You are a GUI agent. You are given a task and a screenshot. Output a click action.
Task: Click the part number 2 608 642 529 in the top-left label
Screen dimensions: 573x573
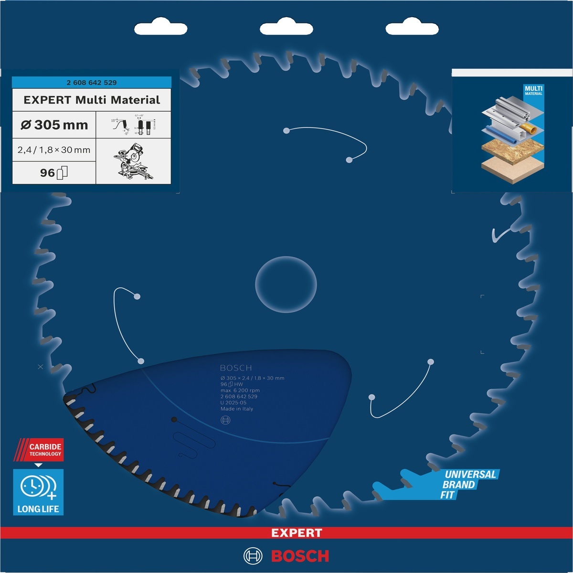(92, 83)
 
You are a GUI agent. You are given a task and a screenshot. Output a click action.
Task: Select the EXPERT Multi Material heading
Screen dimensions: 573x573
(92, 100)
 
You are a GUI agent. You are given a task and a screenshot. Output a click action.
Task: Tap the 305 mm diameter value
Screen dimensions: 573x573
(54, 125)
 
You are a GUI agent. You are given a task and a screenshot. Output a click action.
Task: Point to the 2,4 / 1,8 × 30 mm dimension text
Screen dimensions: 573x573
(54, 150)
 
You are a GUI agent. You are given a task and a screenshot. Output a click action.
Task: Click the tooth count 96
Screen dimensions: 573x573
(47, 173)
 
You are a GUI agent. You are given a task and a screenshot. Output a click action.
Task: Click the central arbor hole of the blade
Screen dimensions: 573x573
(286, 285)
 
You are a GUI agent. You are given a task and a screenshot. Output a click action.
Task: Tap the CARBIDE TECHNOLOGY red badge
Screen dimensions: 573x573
(45, 450)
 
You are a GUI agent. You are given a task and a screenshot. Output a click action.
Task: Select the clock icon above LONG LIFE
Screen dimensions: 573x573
(32, 487)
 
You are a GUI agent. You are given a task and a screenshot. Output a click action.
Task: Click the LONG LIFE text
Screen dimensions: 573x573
(38, 509)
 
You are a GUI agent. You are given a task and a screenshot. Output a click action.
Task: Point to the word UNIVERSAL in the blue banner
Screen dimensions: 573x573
(470, 474)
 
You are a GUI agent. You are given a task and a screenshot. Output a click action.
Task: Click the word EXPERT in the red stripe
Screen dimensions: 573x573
(297, 533)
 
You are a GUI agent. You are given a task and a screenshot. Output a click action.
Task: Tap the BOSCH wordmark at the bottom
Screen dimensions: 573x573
(300, 556)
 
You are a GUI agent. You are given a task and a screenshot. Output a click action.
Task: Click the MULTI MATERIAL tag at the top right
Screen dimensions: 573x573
(533, 90)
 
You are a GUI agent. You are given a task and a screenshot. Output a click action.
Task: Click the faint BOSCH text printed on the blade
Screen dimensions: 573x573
(236, 368)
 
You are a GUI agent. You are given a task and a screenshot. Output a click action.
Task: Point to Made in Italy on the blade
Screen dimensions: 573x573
(237, 409)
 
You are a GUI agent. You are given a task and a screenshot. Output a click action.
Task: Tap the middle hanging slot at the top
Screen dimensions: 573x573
(286, 29)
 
